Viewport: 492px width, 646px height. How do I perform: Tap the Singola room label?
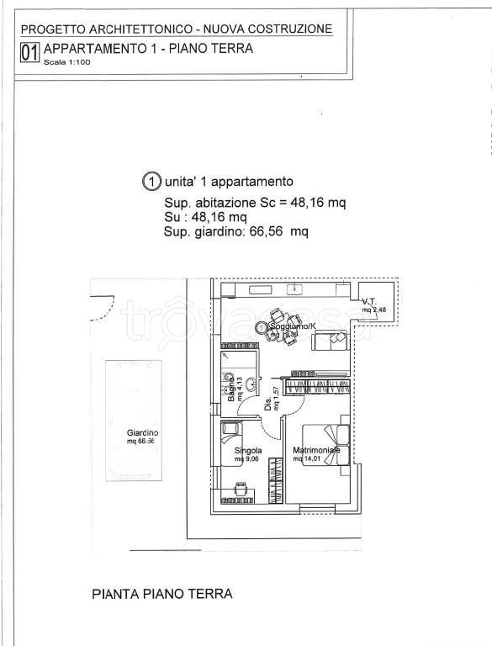coord(248,451)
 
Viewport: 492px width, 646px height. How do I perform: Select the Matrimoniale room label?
coord(316,451)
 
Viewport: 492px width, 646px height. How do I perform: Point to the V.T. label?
coord(368,301)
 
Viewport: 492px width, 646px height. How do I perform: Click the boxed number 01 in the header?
coord(29,53)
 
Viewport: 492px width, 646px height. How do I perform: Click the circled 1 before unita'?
coord(151,181)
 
